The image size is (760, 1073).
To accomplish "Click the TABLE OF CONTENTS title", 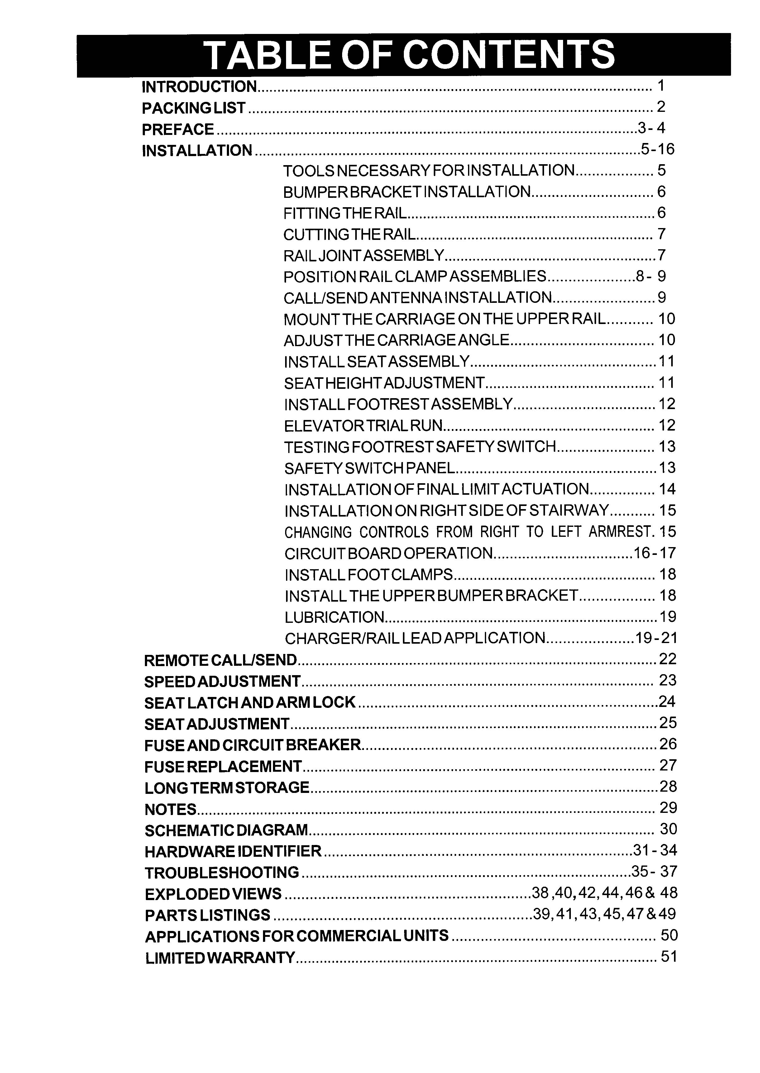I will click(410, 55).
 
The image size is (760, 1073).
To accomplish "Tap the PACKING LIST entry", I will click(194, 108).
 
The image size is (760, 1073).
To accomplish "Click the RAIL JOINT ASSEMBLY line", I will click(364, 255).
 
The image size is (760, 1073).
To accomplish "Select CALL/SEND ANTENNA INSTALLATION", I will click(418, 298).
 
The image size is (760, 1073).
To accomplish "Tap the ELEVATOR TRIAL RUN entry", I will click(363, 425).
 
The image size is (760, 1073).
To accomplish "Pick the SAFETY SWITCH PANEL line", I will click(370, 468).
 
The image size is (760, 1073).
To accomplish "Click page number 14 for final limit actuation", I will click(667, 489).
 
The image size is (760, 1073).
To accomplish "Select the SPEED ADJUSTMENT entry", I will click(222, 681).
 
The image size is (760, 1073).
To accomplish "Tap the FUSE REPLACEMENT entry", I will click(223, 766).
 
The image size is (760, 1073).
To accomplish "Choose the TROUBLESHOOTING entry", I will click(222, 873).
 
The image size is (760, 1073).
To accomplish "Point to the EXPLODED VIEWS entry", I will click(213, 894).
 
